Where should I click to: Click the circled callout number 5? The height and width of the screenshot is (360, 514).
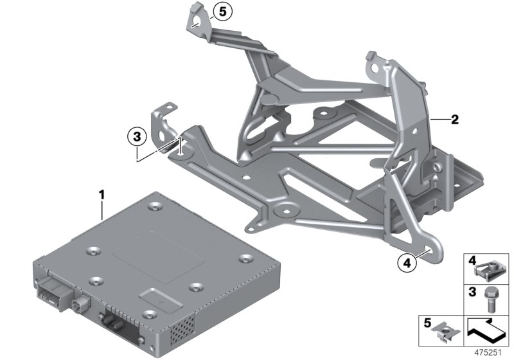[222, 11]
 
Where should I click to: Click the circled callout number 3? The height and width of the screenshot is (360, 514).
[135, 136]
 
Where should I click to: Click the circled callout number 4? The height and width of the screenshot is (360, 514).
[405, 262]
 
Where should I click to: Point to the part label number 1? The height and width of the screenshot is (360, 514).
[100, 193]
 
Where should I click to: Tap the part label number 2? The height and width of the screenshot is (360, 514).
[454, 119]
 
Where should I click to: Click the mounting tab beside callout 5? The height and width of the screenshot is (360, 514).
[197, 18]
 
